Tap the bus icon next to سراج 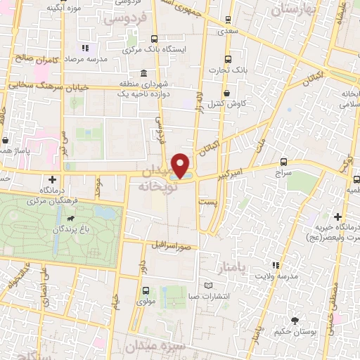tap(283, 162)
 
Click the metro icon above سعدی tap(228, 21)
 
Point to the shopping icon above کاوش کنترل tap(226, 93)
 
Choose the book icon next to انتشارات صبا tap(207, 285)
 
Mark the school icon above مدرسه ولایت tap(276, 265)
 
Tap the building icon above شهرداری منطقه tap(144, 74)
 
